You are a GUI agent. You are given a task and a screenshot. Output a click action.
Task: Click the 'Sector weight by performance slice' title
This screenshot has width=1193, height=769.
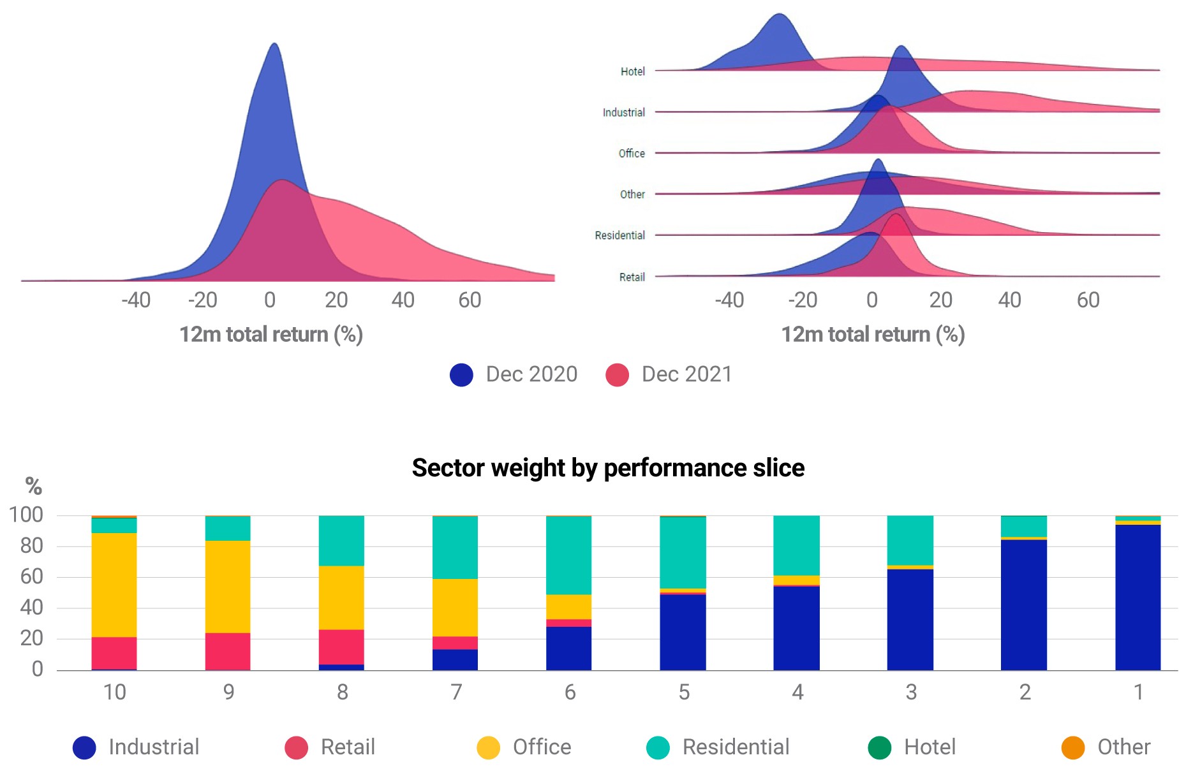[x=608, y=468]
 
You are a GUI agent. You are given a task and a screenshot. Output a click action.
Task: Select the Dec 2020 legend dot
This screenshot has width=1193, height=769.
[x=461, y=375]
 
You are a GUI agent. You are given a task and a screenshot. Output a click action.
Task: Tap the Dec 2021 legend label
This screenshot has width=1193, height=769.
[x=686, y=374]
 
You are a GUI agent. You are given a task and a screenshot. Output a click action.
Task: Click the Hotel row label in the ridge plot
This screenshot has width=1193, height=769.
[x=632, y=71]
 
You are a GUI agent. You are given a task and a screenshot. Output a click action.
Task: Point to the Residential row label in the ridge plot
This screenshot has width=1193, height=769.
[x=619, y=235]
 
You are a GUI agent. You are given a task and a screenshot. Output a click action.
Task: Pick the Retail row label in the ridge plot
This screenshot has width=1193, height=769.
[x=632, y=277]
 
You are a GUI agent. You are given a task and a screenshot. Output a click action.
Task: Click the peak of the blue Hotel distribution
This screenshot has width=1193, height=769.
[x=779, y=14]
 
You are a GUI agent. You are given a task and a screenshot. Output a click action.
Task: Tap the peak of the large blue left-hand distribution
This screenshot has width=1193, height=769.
[x=274, y=44]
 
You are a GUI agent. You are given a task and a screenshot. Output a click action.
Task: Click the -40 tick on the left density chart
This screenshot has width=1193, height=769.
[x=136, y=300]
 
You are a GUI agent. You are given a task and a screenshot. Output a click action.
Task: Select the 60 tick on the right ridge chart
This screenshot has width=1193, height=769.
[x=1088, y=300]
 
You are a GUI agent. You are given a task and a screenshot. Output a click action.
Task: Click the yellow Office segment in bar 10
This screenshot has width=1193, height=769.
[x=114, y=585]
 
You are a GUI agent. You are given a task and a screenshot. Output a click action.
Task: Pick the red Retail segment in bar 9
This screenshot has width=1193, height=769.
[x=228, y=651]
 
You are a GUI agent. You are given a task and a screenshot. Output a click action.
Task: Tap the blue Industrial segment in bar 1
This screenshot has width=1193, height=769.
[x=1138, y=597]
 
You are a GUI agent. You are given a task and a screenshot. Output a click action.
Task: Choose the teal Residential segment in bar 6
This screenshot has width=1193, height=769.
[x=569, y=555]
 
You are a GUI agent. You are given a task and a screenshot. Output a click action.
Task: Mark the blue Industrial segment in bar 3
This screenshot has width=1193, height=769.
[x=910, y=620]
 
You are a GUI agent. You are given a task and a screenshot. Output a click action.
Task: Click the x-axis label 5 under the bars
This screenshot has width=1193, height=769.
[x=684, y=692]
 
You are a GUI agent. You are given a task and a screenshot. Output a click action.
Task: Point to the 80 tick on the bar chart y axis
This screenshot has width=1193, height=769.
[x=31, y=546]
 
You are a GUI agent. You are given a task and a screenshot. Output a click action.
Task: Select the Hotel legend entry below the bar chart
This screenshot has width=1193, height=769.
[x=912, y=747]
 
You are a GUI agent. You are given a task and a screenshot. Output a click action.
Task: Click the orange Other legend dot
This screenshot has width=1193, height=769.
[x=1073, y=748]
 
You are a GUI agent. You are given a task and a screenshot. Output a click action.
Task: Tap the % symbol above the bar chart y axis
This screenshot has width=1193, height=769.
[x=34, y=487]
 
